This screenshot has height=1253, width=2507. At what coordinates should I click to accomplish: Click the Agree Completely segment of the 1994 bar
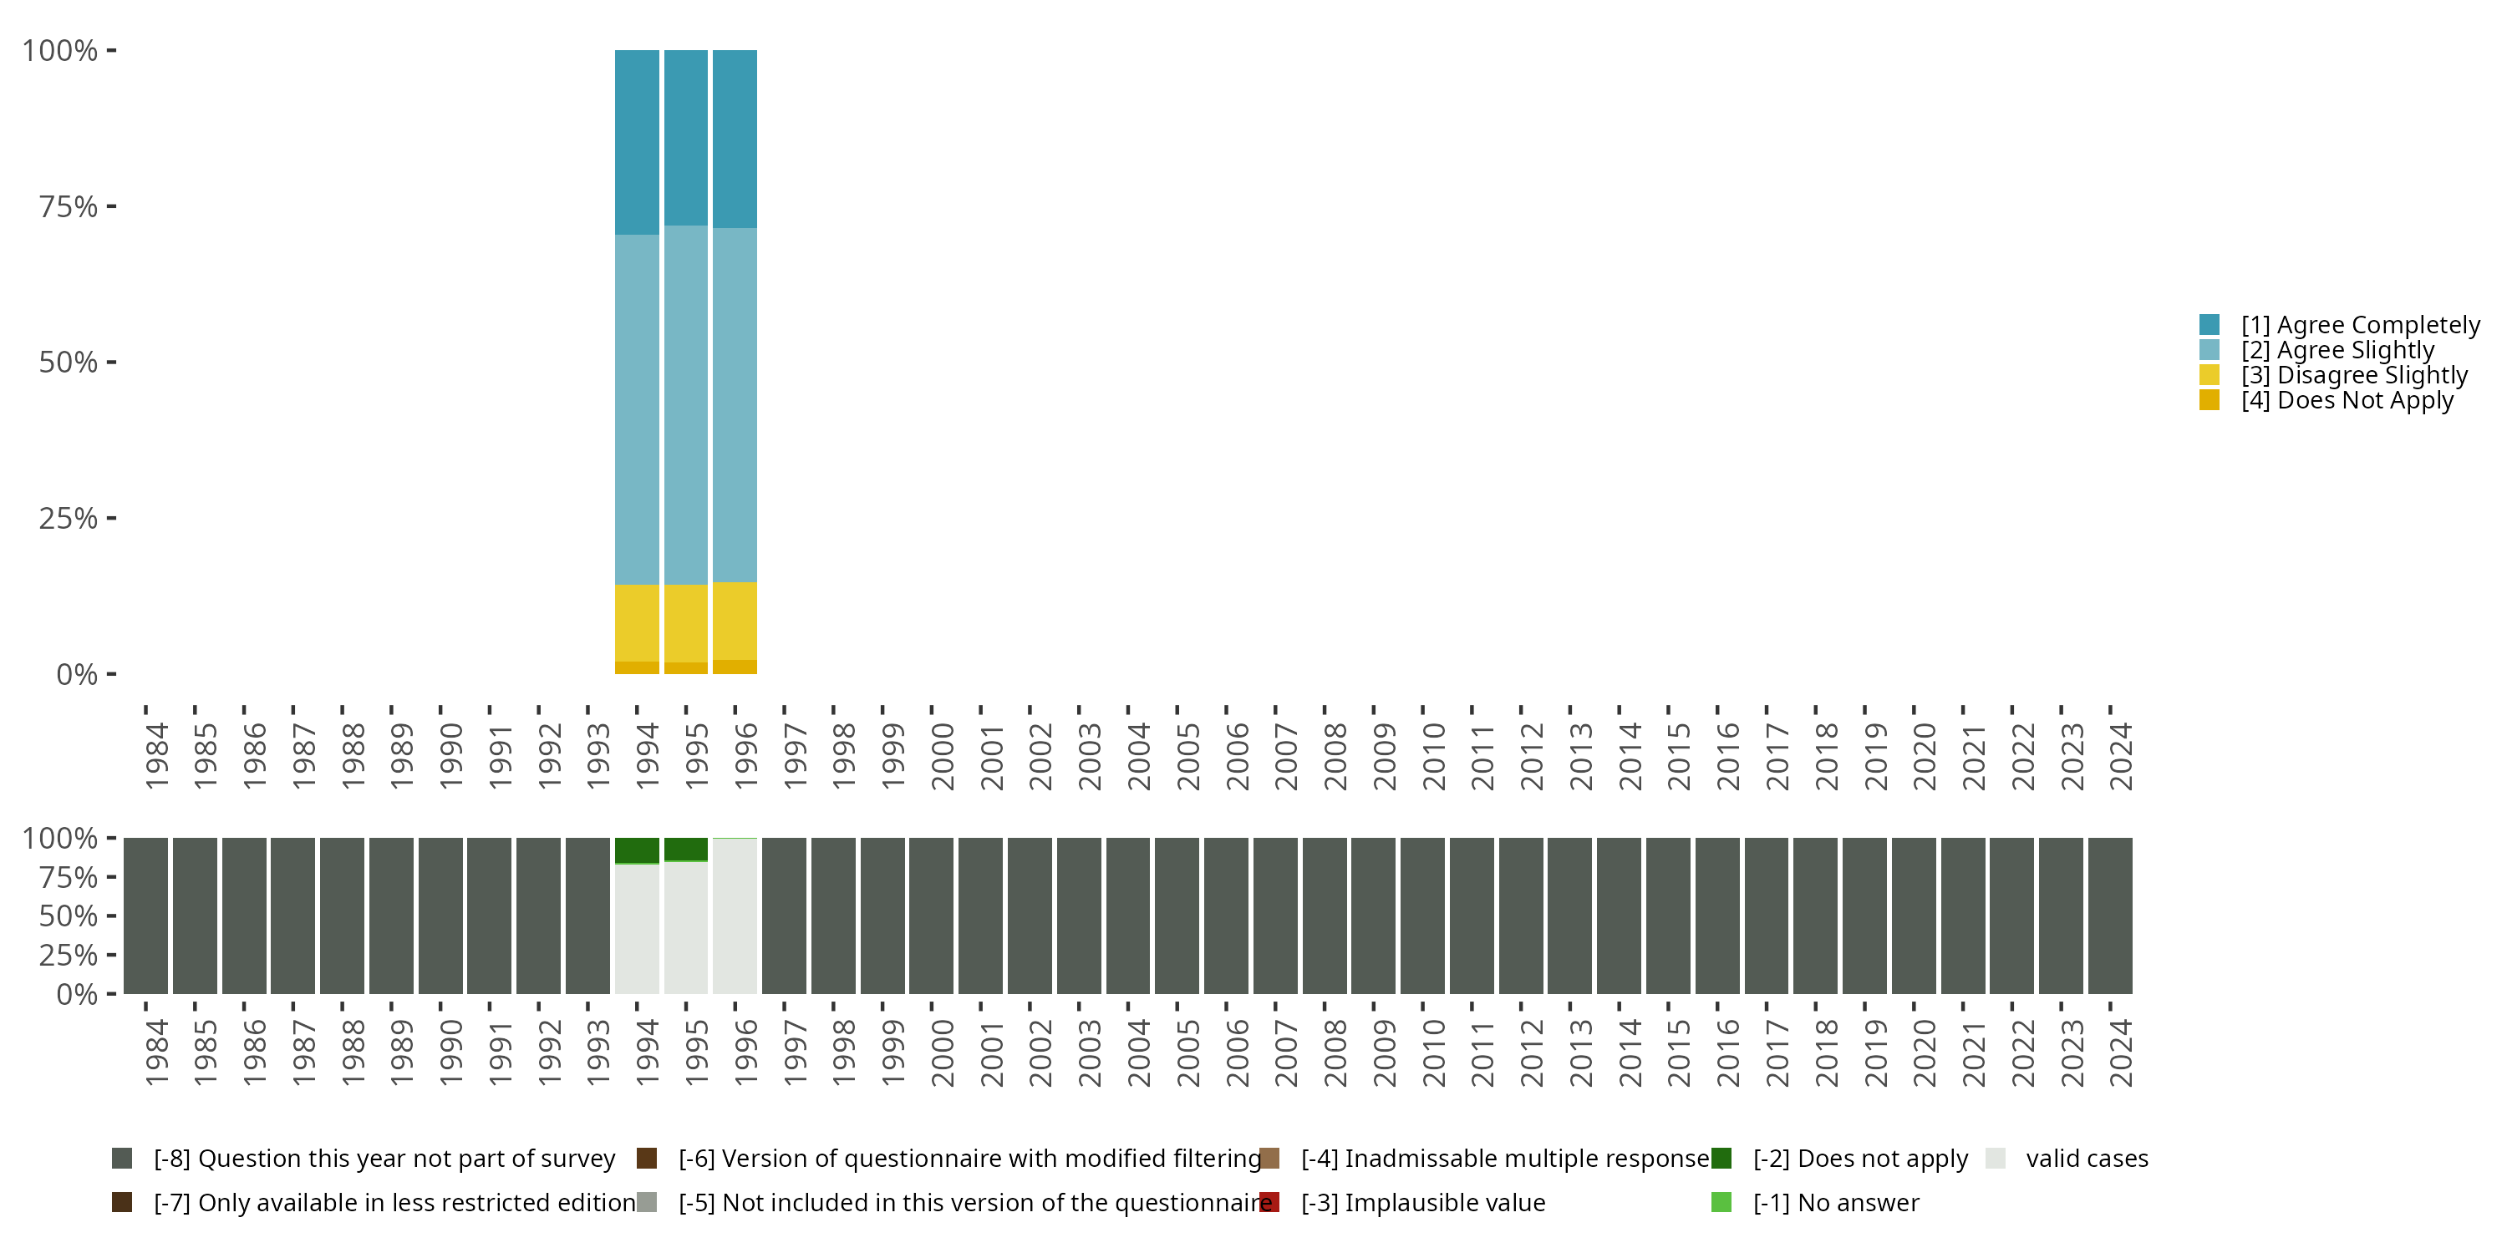click(637, 142)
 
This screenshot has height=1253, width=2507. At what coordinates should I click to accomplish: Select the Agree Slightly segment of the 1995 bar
click(685, 404)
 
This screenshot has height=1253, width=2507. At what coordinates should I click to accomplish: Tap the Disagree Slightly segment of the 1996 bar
click(735, 621)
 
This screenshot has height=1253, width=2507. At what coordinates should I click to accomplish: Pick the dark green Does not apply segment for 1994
click(637, 850)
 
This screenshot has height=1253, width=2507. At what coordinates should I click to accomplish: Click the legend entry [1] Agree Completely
click(2359, 325)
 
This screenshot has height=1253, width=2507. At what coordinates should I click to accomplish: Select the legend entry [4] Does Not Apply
click(2347, 401)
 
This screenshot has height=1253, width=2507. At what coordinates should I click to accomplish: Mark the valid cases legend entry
click(2086, 1159)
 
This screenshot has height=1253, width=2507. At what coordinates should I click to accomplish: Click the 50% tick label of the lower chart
click(69, 916)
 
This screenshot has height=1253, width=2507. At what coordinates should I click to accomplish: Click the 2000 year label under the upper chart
click(942, 757)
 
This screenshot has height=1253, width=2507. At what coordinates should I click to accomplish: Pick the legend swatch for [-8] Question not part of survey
click(123, 1159)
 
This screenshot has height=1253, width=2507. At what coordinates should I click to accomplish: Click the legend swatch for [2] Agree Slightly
click(2210, 350)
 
